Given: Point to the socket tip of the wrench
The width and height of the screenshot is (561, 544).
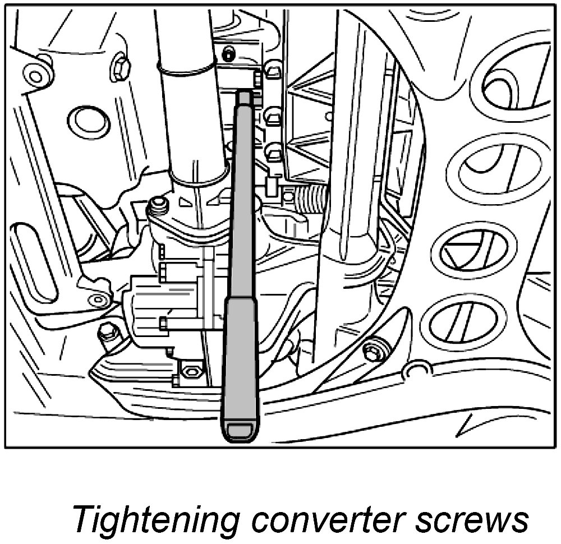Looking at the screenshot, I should coord(244,96).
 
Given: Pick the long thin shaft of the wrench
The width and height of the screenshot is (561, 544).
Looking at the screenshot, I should coord(242,196).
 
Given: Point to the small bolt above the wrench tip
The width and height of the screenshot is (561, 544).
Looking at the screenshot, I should coord(228,54).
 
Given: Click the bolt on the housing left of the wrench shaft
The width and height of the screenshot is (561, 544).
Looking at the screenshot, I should coord(158,205).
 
